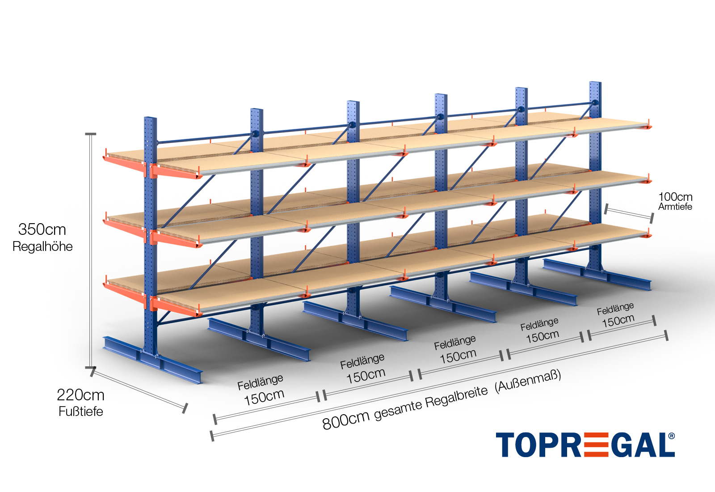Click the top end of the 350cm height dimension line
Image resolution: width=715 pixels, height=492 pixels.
(91, 134)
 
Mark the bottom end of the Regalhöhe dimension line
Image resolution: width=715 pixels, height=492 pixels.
(91, 367)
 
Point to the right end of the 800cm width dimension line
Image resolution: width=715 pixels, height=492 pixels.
(666, 335)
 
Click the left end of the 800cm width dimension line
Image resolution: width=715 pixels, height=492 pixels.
(212, 436)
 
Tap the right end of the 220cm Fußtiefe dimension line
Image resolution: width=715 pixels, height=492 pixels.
(185, 408)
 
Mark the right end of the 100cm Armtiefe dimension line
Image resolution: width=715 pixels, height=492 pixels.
(652, 219)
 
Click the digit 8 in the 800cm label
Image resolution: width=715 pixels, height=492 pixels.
(327, 424)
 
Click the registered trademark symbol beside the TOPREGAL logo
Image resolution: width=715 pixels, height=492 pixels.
(671, 436)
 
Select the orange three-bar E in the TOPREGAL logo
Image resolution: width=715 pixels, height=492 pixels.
(596, 445)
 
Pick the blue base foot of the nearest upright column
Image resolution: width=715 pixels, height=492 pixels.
(152, 360)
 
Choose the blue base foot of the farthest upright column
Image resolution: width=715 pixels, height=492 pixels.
(597, 275)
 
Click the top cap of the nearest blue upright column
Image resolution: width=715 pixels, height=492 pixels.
(150, 118)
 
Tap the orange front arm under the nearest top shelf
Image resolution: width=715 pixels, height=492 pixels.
(176, 172)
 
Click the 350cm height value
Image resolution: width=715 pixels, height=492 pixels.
(42, 229)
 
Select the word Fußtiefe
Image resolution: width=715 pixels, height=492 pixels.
(81, 411)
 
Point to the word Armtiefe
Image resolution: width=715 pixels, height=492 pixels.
(675, 207)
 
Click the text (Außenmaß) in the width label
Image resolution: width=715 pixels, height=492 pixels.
(528, 381)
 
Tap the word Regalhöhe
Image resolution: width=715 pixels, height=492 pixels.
(42, 246)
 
